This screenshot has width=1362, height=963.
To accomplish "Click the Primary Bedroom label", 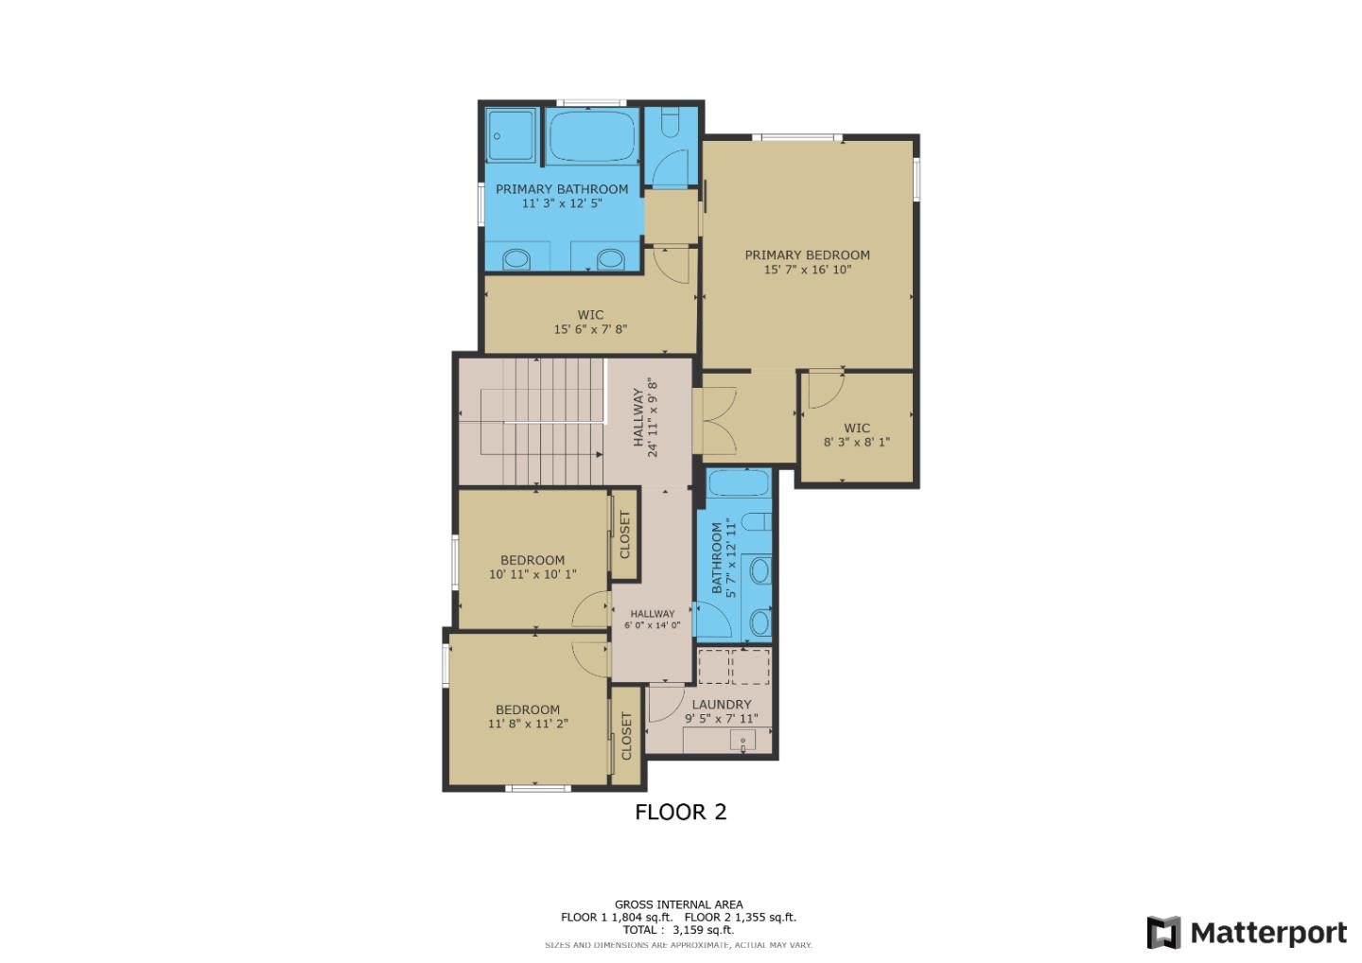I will (807, 254).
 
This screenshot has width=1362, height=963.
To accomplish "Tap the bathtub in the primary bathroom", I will (592, 138).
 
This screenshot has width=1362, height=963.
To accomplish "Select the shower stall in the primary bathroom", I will (511, 137).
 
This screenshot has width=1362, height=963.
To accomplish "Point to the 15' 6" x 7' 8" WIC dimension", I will (590, 330).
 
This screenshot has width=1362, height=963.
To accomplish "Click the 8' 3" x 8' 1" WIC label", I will (856, 442).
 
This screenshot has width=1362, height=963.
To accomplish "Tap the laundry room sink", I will (742, 741).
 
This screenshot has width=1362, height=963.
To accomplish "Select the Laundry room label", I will (721, 705).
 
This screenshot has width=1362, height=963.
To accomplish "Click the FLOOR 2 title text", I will (680, 812).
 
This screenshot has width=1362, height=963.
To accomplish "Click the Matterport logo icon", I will (1164, 933).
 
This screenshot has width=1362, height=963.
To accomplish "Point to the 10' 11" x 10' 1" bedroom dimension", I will (533, 574).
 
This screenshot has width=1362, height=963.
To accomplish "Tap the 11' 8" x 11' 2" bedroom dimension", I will (528, 725).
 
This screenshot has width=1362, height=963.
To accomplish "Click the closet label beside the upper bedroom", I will (624, 534).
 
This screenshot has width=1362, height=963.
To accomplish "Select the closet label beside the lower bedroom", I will (625, 736).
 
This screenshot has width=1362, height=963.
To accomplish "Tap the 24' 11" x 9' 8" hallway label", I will (644, 417).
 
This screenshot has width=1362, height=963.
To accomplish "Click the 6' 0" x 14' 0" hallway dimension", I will (652, 625).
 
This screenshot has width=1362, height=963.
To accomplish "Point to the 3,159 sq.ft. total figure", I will (703, 930).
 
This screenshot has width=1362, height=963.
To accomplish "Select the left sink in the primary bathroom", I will (516, 258).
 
